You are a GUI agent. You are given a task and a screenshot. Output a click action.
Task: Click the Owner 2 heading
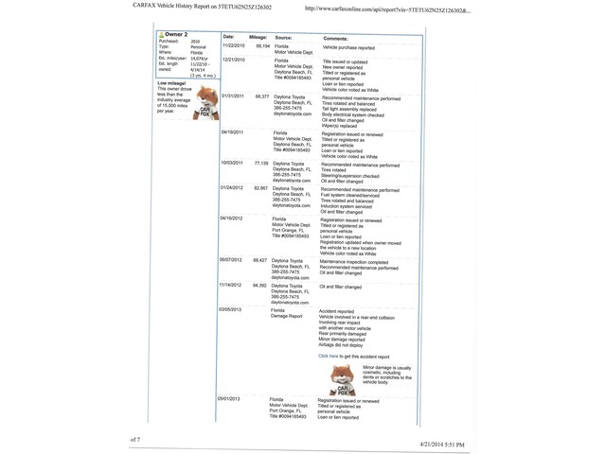pyautogui.click(x=175, y=35)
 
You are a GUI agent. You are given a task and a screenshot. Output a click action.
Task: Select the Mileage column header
pyautogui.click(x=258, y=38)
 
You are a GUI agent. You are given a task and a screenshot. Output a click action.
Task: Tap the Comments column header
pyautogui.click(x=336, y=39)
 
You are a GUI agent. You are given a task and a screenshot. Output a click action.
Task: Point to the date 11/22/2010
pyautogui.click(x=233, y=45)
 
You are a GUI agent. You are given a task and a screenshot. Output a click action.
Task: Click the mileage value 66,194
pyautogui.click(x=262, y=45)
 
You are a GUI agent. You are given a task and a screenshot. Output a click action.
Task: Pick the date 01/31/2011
pyautogui.click(x=232, y=96)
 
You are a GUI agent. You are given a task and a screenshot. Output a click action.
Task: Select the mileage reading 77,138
pyautogui.click(x=260, y=163)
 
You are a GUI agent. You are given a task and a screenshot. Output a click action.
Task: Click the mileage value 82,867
pyautogui.click(x=260, y=188)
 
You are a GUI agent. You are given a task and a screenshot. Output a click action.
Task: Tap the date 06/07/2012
pyautogui.click(x=230, y=260)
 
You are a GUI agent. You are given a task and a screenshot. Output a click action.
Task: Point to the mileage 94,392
pyautogui.click(x=259, y=285)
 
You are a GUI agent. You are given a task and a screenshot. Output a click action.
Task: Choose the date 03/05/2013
pyautogui.click(x=230, y=309)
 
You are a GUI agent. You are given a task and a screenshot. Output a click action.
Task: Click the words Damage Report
pyautogui.click(x=287, y=316)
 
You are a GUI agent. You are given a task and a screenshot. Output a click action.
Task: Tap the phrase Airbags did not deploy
pyautogui.click(x=341, y=345)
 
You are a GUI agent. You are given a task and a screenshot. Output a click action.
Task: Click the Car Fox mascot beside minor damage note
pyautogui.click(x=343, y=379)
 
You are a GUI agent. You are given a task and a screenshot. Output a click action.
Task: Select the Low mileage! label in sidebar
pyautogui.click(x=171, y=83)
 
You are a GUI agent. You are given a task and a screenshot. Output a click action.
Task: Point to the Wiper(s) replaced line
pyautogui.click(x=339, y=126)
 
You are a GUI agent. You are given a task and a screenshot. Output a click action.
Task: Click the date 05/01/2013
pyautogui.click(x=228, y=399)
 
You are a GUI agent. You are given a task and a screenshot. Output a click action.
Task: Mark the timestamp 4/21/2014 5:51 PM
pyautogui.click(x=442, y=444)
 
